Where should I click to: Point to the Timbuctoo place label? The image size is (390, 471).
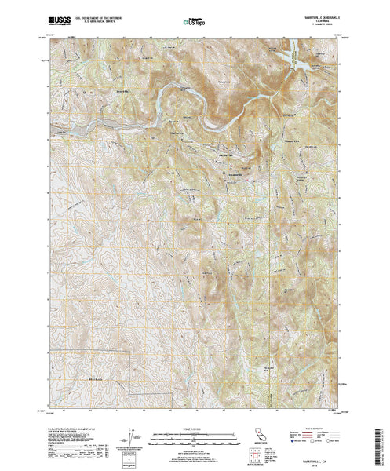(x=177, y=134)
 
